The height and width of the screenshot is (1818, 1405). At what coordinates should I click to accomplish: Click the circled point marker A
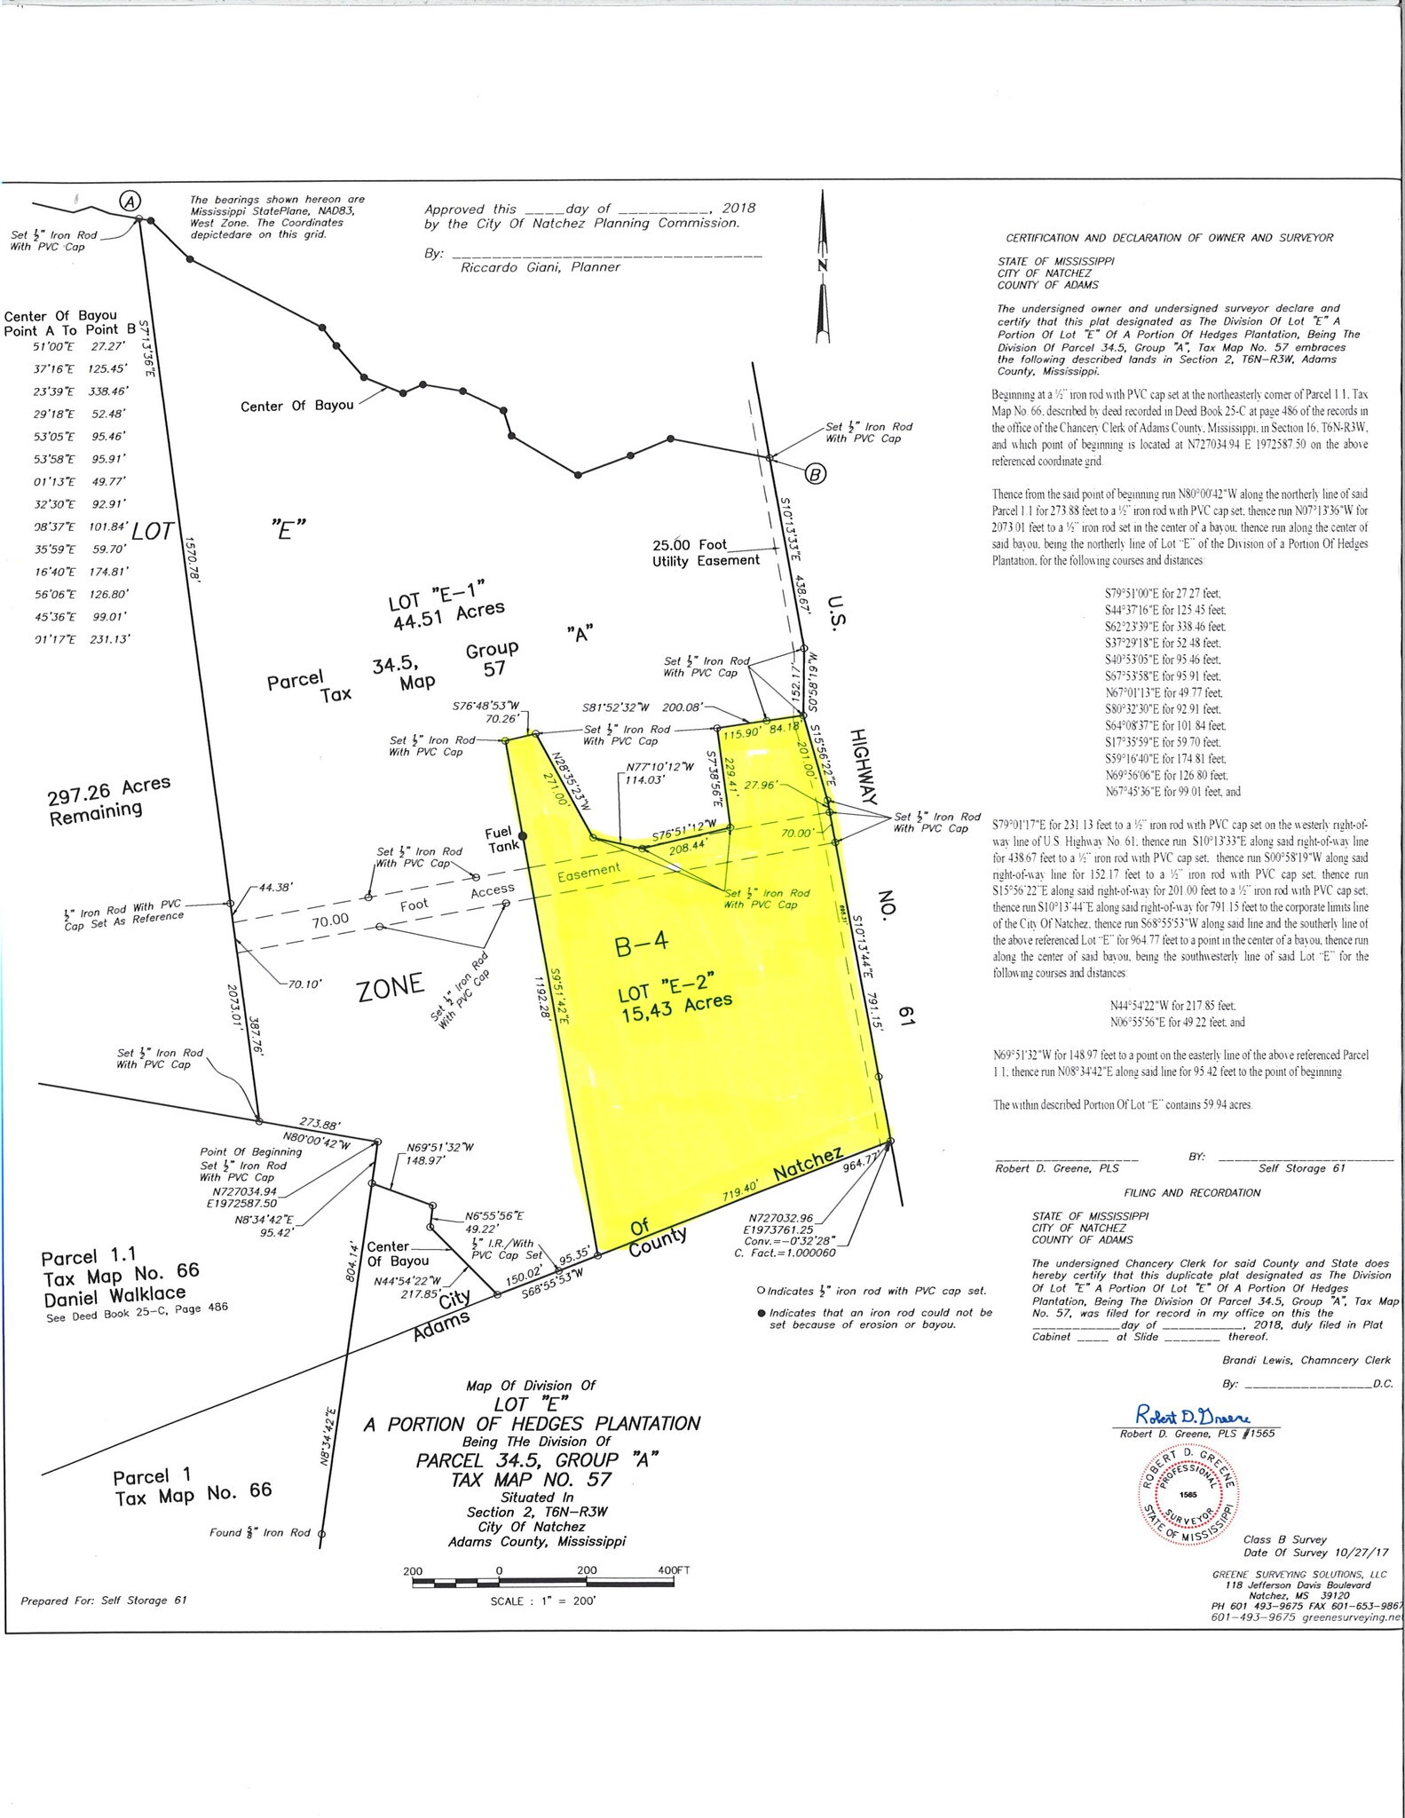(x=130, y=202)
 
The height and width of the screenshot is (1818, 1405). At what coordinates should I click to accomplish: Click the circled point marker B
(x=815, y=474)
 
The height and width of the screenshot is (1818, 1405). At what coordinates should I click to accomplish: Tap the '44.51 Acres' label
(x=448, y=616)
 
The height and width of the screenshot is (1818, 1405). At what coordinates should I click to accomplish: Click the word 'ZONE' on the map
(x=390, y=987)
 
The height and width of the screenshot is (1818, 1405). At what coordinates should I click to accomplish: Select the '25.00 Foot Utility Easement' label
(x=706, y=552)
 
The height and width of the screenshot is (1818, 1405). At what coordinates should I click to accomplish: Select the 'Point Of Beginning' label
(x=250, y=1151)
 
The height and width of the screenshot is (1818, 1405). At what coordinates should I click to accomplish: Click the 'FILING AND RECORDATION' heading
(x=1191, y=1192)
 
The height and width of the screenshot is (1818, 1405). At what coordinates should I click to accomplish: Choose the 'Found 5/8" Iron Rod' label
(x=260, y=1532)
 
